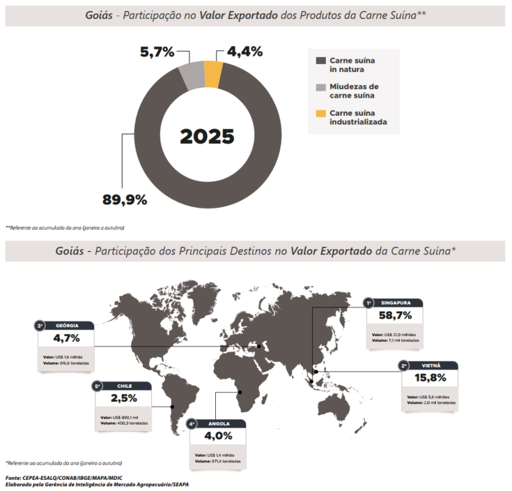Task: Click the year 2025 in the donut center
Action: pos(207,136)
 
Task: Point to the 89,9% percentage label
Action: pos(125,200)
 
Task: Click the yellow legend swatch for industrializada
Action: pos(320,113)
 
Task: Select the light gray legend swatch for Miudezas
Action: pos(320,87)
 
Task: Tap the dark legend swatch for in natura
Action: pos(320,61)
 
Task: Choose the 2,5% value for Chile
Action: pos(123,399)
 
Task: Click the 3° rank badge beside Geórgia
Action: pos(40,325)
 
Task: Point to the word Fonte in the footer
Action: pos(15,478)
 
